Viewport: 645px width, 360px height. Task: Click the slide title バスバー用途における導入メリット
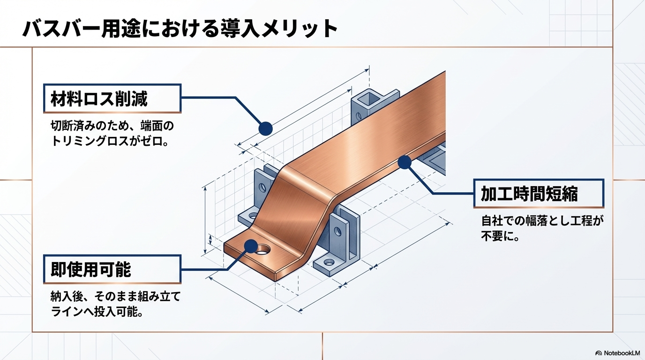[180, 29]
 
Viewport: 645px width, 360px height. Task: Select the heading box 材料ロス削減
[112, 98]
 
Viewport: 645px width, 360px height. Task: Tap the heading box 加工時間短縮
[539, 193]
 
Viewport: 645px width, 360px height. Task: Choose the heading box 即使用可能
[112, 269]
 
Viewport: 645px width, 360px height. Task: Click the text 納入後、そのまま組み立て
[115, 297]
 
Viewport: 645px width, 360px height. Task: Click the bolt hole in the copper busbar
[264, 249]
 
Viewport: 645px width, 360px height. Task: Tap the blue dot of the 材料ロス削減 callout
[265, 128]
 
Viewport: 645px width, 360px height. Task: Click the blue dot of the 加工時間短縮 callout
[404, 163]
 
